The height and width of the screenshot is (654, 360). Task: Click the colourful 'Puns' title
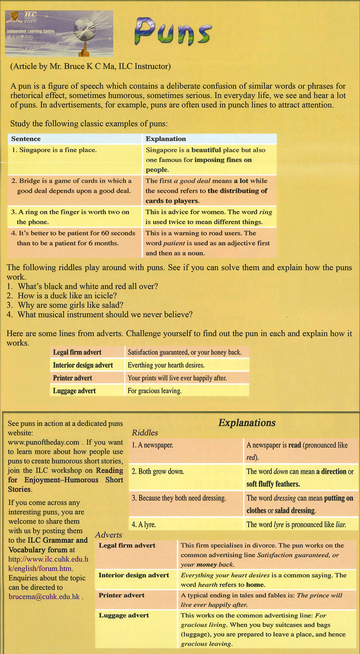click(173, 31)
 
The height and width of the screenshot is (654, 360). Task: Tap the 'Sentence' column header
click(26, 139)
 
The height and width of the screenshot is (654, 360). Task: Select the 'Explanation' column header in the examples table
click(166, 139)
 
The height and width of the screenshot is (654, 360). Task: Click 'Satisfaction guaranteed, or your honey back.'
click(184, 353)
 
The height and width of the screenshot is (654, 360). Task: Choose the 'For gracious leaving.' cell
click(154, 391)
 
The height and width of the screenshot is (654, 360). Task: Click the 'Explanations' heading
click(247, 423)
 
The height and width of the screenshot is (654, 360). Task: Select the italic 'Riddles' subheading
click(144, 433)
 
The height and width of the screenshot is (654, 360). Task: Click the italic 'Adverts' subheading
click(108, 535)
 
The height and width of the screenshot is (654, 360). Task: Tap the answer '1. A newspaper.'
click(152, 445)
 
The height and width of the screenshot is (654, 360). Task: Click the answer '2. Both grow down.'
click(158, 472)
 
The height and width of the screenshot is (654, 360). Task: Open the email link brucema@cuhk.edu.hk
click(44, 597)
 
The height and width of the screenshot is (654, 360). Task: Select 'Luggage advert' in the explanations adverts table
click(123, 615)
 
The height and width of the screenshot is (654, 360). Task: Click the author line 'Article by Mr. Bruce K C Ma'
click(91, 66)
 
